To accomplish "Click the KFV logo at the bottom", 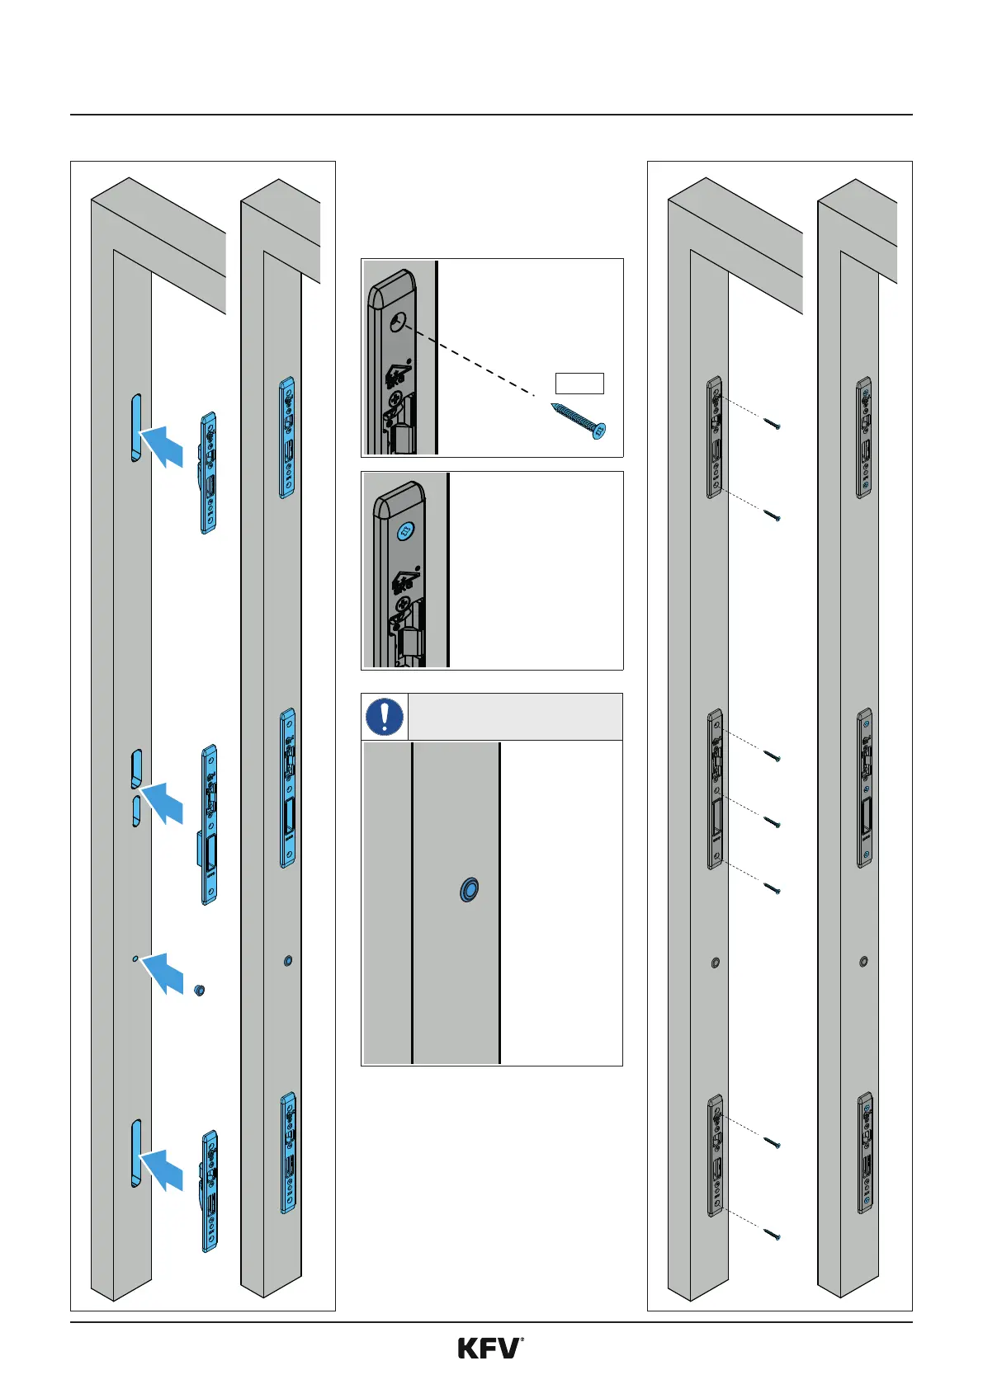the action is [x=490, y=1349].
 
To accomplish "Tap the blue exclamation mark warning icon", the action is [x=385, y=716].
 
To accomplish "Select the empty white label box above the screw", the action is [x=579, y=383].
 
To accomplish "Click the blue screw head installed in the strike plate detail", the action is [x=405, y=532].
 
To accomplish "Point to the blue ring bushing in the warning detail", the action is [x=469, y=890].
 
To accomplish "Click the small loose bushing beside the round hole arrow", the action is [x=199, y=990].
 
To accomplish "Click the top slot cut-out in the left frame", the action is [x=136, y=427].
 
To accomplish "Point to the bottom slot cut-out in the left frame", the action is [x=136, y=1153].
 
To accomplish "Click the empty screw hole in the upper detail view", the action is [x=399, y=323].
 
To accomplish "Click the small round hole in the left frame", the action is [x=135, y=959].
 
